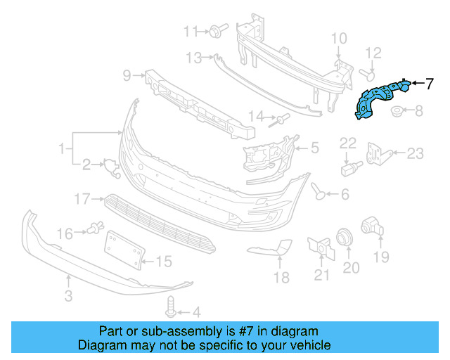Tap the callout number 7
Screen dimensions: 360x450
(x=430, y=84)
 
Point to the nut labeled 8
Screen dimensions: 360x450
(x=397, y=111)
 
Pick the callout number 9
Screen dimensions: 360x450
(x=127, y=75)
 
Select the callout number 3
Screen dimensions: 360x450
(x=68, y=297)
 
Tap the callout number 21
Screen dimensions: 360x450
(x=321, y=275)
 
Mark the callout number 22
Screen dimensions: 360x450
(x=349, y=143)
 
